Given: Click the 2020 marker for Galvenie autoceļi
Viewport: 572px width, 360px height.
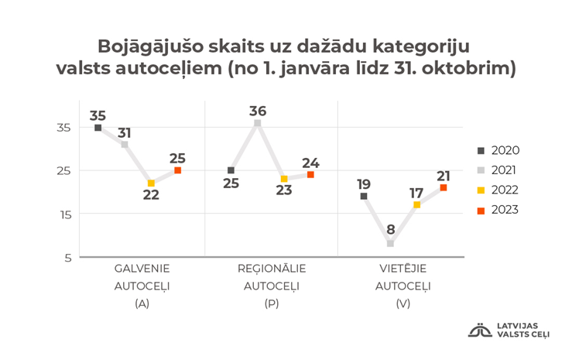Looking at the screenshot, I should [98, 128].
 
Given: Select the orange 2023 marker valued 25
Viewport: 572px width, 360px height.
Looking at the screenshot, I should [177, 170].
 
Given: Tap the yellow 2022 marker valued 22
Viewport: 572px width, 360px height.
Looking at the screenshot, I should [151, 183].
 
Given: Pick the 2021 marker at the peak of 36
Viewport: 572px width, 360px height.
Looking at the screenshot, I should [258, 123].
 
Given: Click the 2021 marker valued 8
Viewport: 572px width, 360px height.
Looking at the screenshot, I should [390, 243].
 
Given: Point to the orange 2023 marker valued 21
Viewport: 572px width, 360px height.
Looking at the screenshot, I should [443, 187].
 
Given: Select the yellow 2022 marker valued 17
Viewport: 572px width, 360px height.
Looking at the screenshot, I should [416, 204].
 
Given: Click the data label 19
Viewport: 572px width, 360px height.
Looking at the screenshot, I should [364, 183].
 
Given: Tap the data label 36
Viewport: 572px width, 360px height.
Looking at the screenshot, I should [258, 111].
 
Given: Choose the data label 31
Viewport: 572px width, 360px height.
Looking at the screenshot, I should [125, 132].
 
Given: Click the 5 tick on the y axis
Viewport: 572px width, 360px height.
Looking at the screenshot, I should [67, 258].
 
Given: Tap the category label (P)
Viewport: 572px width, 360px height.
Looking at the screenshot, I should [271, 304].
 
